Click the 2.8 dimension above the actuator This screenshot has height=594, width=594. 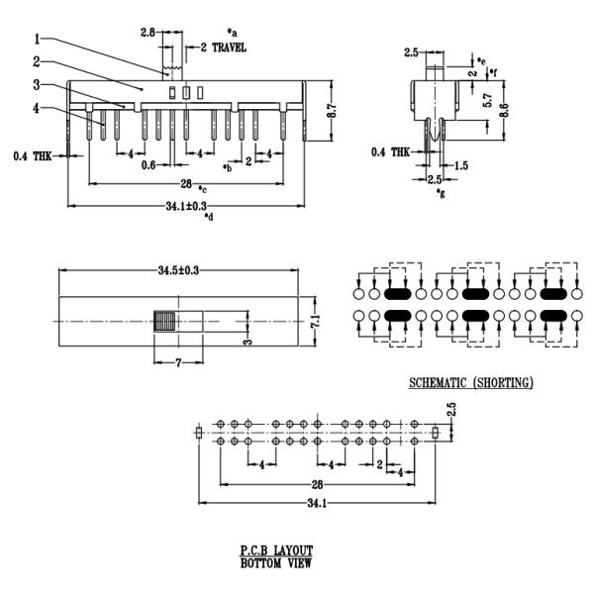coord(148,33)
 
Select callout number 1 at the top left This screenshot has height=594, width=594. coord(37,40)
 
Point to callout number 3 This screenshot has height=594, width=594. coord(37,85)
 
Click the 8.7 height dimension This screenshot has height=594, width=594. coord(332,114)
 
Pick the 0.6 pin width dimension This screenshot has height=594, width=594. coord(148,164)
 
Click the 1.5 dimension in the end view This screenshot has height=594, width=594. coord(461,165)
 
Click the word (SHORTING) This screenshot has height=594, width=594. coord(503,382)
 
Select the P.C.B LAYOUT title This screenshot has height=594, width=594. coord(276,550)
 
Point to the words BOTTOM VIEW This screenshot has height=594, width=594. coord(276,563)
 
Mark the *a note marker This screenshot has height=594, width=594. coord(232,33)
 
